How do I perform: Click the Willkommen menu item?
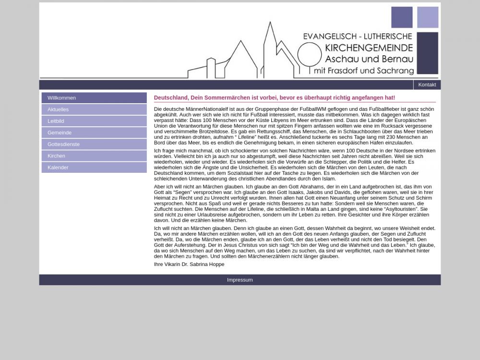pos(61,98)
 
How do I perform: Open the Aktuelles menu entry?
pos(58,109)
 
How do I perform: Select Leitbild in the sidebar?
pos(56,121)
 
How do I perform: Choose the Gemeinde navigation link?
pos(60,132)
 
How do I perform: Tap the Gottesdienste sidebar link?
pos(63,144)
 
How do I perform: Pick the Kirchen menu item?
pos(56,156)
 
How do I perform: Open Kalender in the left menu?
pos(58,168)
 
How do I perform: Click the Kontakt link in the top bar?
pos(427,85)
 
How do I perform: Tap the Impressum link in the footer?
pos(240,280)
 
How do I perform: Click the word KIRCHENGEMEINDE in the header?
pos(369,48)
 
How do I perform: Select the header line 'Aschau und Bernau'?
pos(369,59)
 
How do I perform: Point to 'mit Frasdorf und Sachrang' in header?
pos(363,71)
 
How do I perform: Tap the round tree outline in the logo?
pos(309,55)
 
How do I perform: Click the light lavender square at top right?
pos(427,17)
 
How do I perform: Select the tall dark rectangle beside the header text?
pos(427,53)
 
